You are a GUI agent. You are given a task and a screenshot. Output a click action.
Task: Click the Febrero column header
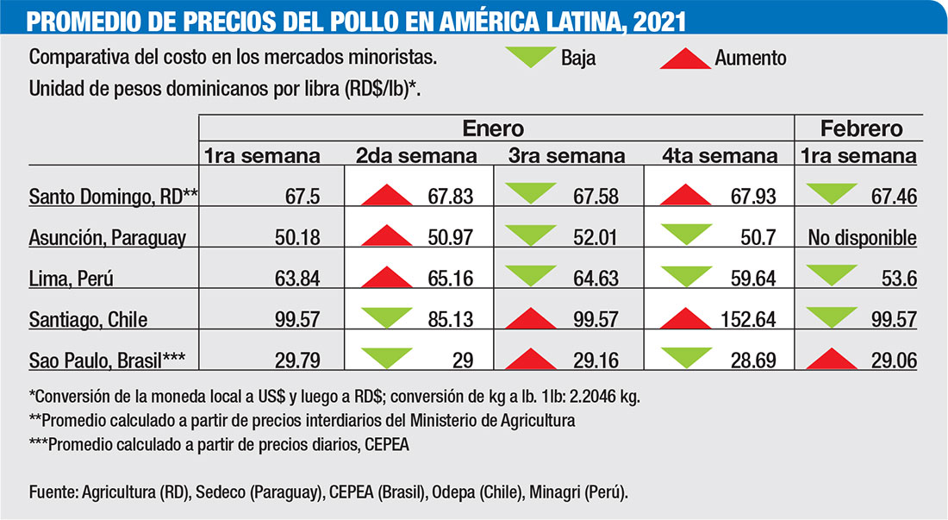pyautogui.click(x=861, y=128)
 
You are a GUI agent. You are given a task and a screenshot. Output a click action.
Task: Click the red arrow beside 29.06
pyautogui.click(x=829, y=357)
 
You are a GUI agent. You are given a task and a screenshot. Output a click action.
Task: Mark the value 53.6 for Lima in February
pyautogui.click(x=896, y=279)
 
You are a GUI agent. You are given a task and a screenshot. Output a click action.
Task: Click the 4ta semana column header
pyautogui.click(x=719, y=157)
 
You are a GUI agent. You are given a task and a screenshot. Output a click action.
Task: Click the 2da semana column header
pyautogui.click(x=416, y=157)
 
